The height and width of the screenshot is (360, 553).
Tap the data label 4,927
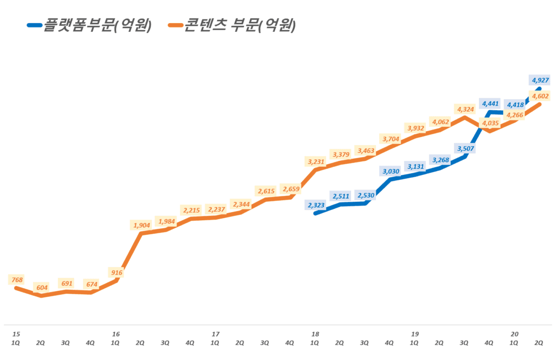(x=541, y=80)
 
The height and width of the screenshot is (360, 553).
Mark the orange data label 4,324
(x=466, y=109)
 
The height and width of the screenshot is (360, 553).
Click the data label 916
(x=116, y=273)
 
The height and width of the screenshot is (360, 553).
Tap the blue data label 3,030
(x=391, y=171)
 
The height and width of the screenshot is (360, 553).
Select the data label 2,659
(x=291, y=189)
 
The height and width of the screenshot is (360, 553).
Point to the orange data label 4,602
(x=541, y=96)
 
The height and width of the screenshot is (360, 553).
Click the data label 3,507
(x=466, y=148)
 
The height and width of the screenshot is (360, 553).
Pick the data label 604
(x=41, y=288)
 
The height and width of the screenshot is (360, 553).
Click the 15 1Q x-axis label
(x=16, y=338)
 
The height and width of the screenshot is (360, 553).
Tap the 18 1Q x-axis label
(x=315, y=338)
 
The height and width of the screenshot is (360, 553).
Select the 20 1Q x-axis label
(x=514, y=338)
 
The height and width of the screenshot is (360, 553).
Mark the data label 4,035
(x=491, y=123)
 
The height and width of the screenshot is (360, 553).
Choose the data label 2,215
(x=191, y=210)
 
